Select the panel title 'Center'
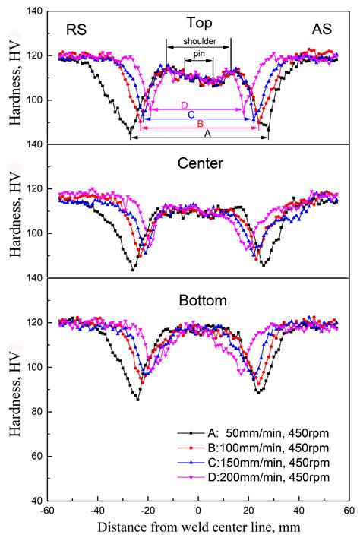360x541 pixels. click(x=197, y=162)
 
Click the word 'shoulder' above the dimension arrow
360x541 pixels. click(x=198, y=41)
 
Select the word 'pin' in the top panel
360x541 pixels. click(x=198, y=55)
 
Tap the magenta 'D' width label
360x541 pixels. click(x=184, y=105)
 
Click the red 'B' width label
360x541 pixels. click(x=200, y=123)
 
